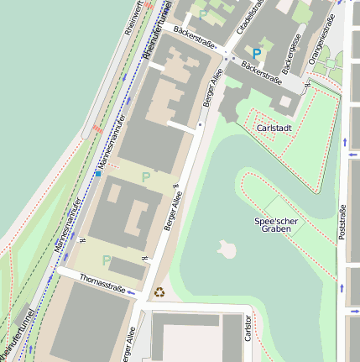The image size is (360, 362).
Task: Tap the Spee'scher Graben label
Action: point(276,224)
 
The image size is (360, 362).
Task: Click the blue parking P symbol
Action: point(257,53)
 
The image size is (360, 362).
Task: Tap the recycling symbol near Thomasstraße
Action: point(159,292)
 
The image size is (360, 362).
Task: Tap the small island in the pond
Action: point(226,249)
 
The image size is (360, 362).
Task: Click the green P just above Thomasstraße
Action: point(107,260)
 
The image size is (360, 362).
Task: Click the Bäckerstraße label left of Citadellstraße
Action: point(195,36)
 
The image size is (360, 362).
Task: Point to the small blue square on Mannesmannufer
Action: point(97,174)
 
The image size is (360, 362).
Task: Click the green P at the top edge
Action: point(202,13)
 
